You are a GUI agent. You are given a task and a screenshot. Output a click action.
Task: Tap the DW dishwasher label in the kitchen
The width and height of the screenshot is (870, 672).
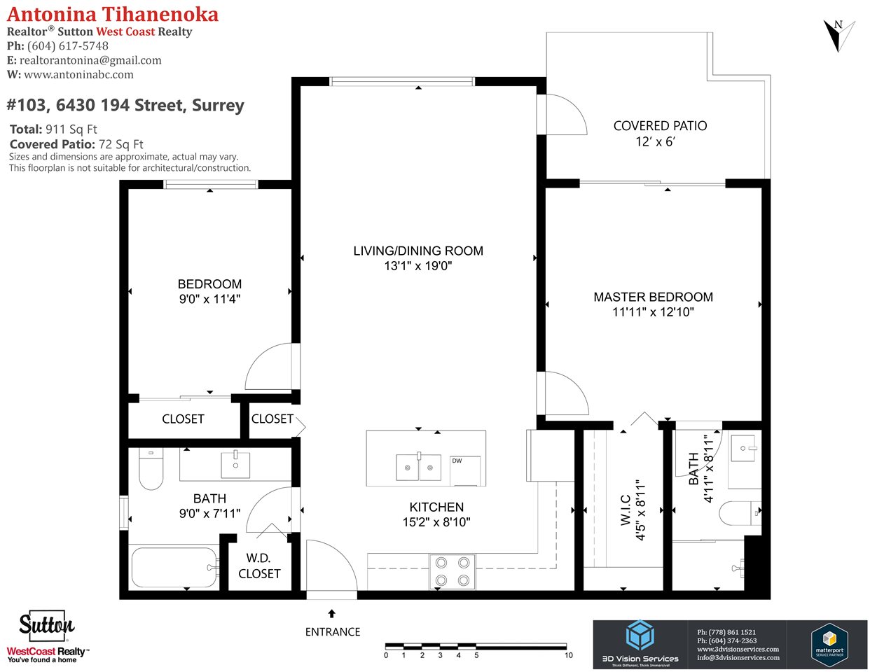[457, 461]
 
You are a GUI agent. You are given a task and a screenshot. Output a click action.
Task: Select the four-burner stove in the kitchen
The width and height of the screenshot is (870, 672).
[453, 572]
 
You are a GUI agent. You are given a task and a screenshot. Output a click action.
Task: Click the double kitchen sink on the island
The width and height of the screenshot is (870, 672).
[418, 467]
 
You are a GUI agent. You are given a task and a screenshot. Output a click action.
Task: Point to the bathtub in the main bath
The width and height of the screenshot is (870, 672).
[175, 567]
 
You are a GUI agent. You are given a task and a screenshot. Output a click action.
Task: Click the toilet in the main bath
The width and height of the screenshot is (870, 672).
[151, 469]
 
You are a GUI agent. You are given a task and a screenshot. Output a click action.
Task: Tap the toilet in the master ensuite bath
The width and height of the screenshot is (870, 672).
[740, 513]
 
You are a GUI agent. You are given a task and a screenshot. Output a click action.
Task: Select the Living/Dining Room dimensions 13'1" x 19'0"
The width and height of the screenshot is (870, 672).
[418, 266]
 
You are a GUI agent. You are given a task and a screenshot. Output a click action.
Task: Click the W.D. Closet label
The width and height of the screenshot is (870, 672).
[259, 566]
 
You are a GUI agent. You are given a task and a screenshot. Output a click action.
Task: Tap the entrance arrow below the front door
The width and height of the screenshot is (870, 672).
[331, 614]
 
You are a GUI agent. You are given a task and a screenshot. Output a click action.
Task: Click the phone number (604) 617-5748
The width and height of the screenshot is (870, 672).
[68, 46]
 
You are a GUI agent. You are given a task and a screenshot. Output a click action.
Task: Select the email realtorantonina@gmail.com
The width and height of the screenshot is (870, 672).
[90, 60]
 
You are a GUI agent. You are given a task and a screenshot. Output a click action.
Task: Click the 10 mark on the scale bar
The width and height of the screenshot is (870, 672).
[569, 655]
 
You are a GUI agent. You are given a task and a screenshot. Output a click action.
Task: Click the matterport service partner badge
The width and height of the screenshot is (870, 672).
[829, 642]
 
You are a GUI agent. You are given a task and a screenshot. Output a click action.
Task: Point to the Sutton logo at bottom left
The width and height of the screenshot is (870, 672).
[47, 624]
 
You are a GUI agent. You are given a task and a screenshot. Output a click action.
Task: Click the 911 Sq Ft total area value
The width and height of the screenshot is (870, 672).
[71, 129]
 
